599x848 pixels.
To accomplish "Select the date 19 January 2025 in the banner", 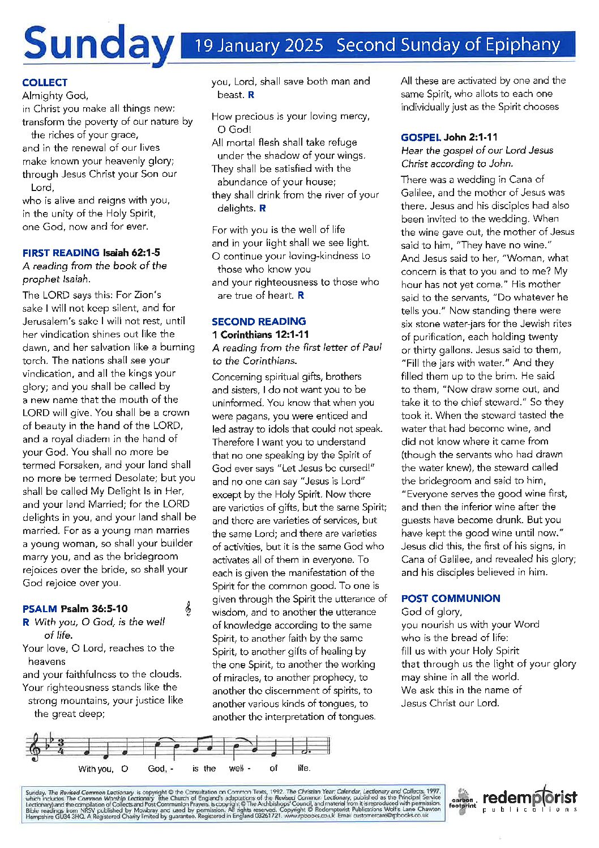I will (259, 45).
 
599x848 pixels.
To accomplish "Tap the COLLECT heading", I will (45, 82).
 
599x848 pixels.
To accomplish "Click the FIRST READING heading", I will (61, 253).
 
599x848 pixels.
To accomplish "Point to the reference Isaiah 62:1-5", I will (131, 253).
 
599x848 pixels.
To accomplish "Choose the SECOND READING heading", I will (259, 321).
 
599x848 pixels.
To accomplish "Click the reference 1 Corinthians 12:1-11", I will (260, 334).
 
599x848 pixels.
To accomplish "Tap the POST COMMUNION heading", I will (451, 599).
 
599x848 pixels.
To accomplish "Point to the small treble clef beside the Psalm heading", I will (188, 609).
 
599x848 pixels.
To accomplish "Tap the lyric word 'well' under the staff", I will (237, 769).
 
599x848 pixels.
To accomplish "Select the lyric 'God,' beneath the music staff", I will (157, 769).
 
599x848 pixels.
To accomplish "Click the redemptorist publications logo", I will (529, 800).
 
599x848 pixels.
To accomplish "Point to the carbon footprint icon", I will (463, 800).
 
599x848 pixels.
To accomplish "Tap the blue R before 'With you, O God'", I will (25, 622).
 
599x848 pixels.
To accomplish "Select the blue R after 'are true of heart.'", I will (301, 295).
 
